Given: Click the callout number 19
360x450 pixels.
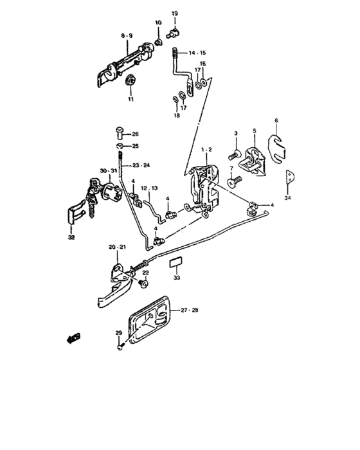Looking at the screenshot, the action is tap(175, 14).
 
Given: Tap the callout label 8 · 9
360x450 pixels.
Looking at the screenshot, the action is tap(127, 36).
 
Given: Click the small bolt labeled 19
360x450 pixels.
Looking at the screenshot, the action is tap(172, 32).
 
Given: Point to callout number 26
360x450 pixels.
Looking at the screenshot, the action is tap(135, 134).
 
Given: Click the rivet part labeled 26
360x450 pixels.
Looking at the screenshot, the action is tap(120, 132).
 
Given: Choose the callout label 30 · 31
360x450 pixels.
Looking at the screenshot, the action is tap(109, 171).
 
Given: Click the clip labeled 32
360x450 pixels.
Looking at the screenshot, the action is tap(75, 213).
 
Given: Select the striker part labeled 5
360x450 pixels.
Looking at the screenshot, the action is tap(253, 161).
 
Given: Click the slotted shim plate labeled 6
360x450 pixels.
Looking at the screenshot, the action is tap(276, 149).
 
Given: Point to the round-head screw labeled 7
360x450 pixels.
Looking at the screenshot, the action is tap(234, 182).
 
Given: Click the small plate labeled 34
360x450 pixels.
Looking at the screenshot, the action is tap(290, 176).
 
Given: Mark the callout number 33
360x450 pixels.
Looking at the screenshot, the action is tap(177, 278).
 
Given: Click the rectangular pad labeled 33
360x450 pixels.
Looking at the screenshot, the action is tap(175, 262).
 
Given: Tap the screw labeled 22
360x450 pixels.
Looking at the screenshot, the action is tap(143, 283).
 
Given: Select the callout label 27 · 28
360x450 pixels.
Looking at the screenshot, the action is tap(190, 310).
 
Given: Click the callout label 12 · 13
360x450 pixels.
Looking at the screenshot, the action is tap(149, 188).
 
